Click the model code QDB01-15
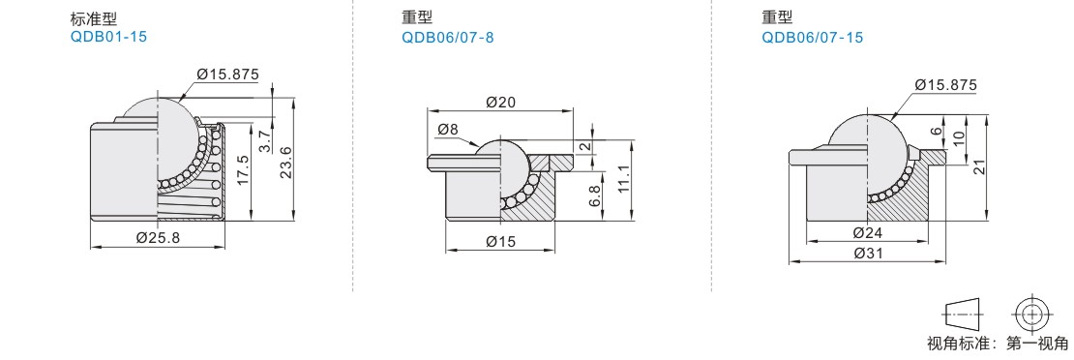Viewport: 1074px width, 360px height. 108,37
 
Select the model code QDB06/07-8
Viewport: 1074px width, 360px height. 447,37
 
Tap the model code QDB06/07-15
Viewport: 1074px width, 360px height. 813,37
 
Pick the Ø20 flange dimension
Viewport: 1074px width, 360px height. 500,103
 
